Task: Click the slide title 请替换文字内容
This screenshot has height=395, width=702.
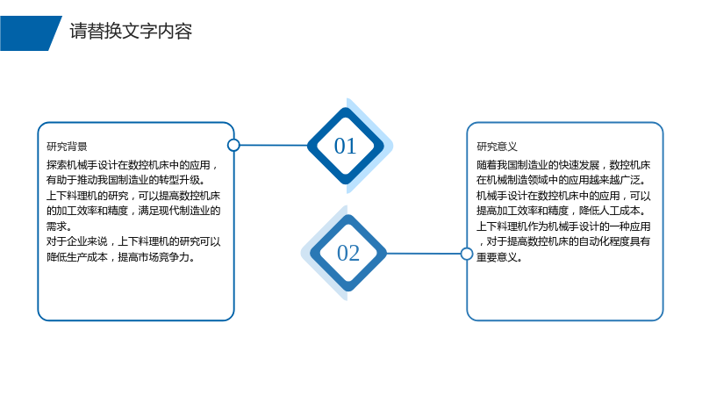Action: (131, 32)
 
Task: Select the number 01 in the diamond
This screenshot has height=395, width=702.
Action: (345, 147)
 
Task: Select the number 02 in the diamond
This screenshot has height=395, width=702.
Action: (347, 254)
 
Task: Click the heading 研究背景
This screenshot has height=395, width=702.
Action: (67, 147)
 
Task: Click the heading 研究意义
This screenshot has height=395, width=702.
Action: (497, 147)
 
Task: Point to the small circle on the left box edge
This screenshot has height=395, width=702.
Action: (233, 145)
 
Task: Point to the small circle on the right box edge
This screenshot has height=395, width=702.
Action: (467, 254)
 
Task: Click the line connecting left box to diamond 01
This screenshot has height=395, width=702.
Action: (274, 145)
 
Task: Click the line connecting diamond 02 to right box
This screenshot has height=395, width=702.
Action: (424, 254)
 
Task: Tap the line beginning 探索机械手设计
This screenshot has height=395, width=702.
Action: (133, 165)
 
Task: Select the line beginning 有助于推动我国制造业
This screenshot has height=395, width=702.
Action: (125, 180)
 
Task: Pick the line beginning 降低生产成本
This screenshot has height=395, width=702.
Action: (121, 257)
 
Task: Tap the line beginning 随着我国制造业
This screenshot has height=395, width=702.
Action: (563, 165)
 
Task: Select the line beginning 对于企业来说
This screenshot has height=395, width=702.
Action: (133, 242)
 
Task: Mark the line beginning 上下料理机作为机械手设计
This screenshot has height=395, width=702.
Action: (563, 226)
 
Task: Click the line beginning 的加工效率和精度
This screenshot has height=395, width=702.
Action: (133, 211)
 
